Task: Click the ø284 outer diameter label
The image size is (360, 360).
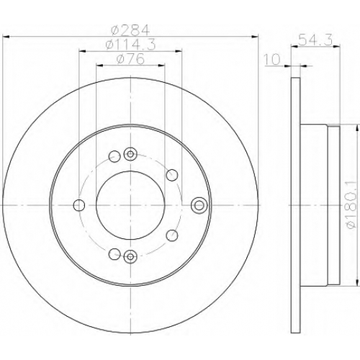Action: pos(130,30)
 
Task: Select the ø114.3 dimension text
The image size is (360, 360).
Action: pos(130,45)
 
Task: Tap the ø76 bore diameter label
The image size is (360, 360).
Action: pos(130,59)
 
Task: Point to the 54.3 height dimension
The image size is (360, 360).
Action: pos(315,40)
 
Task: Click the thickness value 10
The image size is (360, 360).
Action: pos(272,59)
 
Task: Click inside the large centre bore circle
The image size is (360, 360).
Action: pos(130,205)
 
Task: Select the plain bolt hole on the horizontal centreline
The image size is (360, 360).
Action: pos(79,205)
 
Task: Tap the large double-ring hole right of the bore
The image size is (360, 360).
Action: pos(199,205)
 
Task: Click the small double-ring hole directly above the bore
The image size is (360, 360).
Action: pos(130,154)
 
